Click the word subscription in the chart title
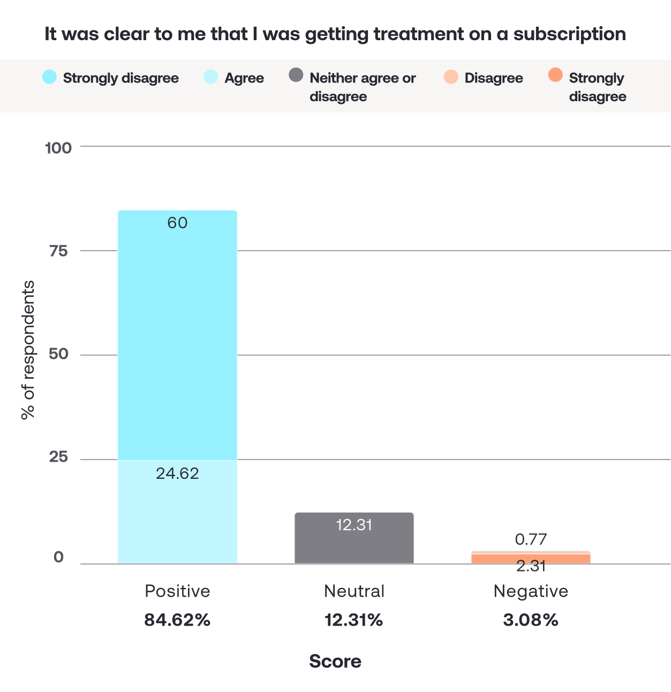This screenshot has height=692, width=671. [569, 34]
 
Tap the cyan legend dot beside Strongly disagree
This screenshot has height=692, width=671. [49, 77]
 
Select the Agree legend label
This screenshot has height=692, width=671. [244, 78]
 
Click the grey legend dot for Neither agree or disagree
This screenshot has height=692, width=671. [296, 75]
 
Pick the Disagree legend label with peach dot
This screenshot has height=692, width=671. [494, 78]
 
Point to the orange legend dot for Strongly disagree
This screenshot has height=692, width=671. [555, 75]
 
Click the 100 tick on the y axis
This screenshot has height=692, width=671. [58, 148]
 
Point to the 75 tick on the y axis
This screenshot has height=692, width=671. [58, 251]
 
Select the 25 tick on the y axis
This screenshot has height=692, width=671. [58, 456]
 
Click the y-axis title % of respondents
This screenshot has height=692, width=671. [28, 350]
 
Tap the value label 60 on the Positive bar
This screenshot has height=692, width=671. [177, 223]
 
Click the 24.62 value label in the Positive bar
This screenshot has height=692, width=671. [177, 473]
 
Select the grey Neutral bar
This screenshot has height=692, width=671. [354, 538]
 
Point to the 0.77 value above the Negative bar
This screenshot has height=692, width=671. [531, 539]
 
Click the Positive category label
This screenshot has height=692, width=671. [177, 591]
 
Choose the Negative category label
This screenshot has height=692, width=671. [531, 591]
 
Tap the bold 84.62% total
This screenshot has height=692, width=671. [177, 620]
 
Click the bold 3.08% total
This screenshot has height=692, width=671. [531, 620]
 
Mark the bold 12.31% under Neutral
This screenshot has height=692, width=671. [354, 620]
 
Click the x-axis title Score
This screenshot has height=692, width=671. [335, 661]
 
